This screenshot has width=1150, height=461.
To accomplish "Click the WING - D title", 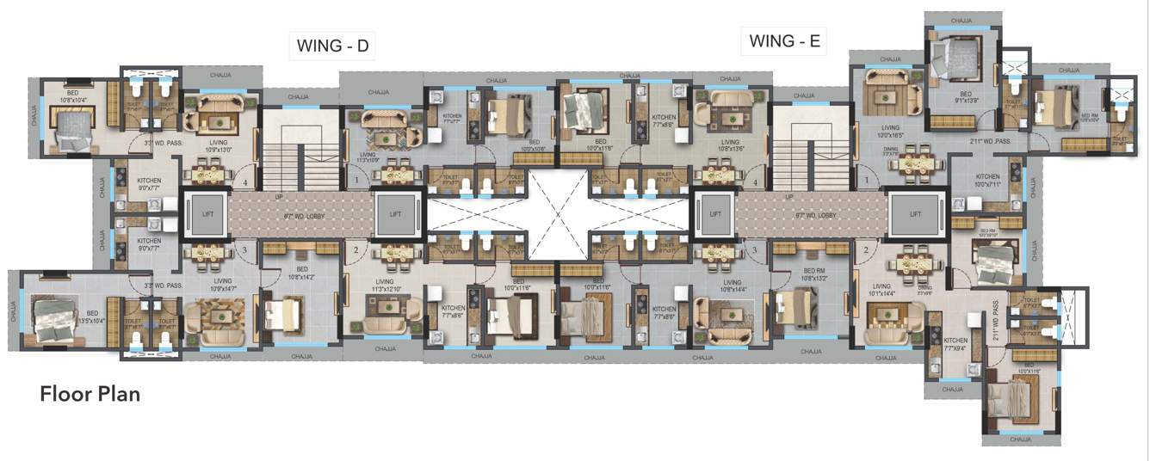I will pos(332,46).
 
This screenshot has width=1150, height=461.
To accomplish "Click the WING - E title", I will pos(784,40).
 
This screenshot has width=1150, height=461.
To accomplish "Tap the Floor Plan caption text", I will pos(90,395).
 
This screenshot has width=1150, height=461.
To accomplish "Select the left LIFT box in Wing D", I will pos(204,213).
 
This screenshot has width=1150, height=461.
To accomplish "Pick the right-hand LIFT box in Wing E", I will pos(915,213).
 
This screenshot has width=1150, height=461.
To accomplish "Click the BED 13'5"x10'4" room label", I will pos(91,317).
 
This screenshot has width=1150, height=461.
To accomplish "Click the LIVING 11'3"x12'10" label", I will pos(384,285).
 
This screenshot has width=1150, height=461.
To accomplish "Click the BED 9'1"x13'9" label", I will pos(965,97).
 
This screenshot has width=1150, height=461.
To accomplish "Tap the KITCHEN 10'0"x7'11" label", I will pos(987,179).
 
